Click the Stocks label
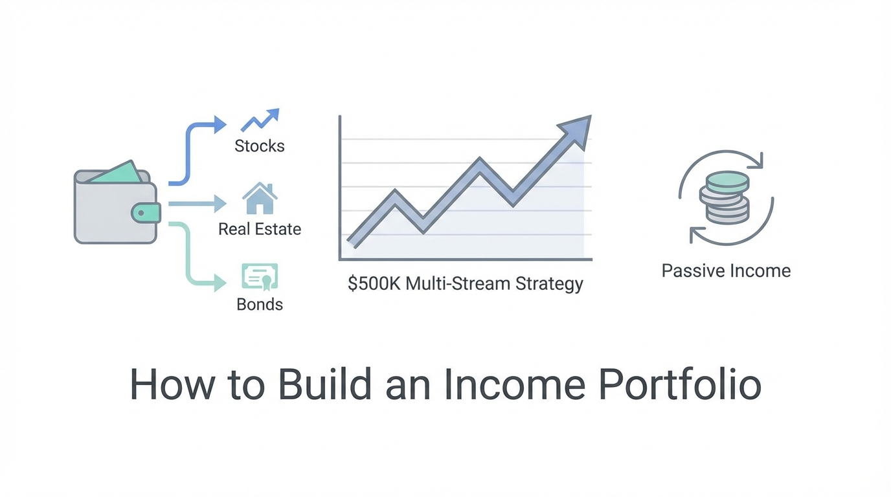260,146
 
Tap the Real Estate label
260,229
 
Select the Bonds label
260,305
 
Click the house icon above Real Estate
260,198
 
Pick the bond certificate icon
260,277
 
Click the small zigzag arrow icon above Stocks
260,120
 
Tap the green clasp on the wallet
146,213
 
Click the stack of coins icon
725,197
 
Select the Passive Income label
727,271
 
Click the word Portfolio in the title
680,384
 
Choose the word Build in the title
324,384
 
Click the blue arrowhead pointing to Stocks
220,125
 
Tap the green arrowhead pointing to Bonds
220,283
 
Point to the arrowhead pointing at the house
220,204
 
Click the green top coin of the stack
728,181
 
